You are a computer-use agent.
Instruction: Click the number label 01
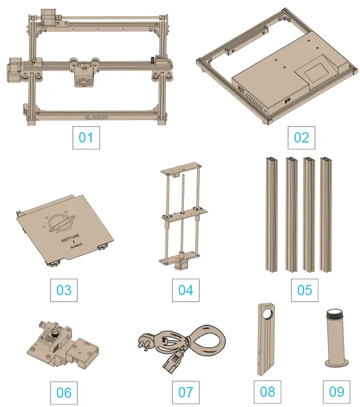[86, 137]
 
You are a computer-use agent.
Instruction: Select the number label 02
[301, 137]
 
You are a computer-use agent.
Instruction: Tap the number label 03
[64, 290]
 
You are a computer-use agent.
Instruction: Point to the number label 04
[185, 290]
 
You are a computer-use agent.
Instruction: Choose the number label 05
[304, 290]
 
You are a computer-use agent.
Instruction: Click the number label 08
[268, 392]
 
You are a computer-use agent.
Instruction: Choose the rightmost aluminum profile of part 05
[325, 214]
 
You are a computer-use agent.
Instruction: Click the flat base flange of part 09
[336, 364]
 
